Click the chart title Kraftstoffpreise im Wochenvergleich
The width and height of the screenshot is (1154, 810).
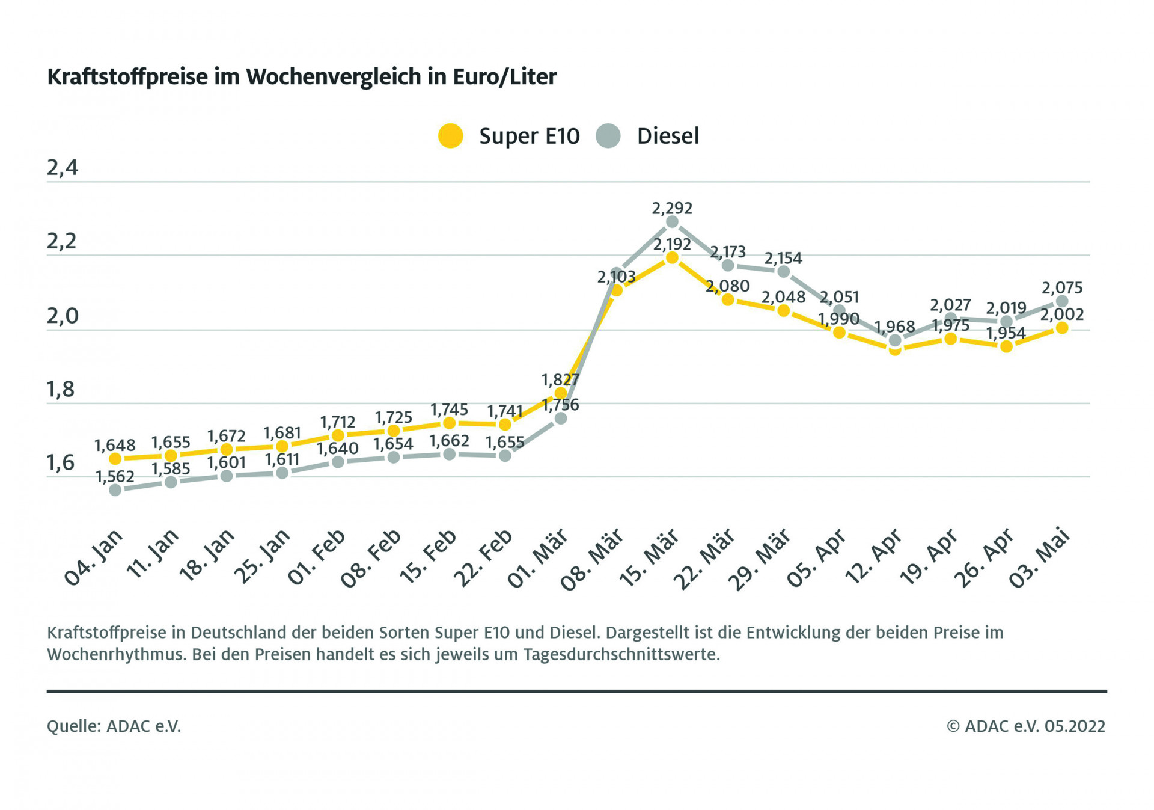tap(302, 77)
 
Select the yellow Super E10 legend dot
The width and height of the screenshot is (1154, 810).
tap(450, 136)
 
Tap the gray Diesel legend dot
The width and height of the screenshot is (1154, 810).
tap(608, 136)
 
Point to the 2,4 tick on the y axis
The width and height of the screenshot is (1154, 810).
tap(63, 168)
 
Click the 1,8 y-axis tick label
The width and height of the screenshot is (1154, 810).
tap(61, 390)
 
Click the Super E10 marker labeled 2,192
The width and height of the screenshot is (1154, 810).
tap(672, 258)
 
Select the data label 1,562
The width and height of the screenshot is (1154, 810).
tap(115, 477)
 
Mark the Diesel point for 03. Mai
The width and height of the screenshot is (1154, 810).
tap(1062, 301)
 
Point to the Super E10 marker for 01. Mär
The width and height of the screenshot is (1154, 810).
tap(560, 393)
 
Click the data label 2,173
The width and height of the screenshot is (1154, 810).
tap(727, 251)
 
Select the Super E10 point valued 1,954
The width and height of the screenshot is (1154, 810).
tap(1006, 346)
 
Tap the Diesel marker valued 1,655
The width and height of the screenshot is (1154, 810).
tap(505, 456)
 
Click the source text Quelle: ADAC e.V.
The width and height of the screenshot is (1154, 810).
tap(114, 726)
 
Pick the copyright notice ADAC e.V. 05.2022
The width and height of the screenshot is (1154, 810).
tap(1026, 726)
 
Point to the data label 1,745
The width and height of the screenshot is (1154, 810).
tap(449, 410)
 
